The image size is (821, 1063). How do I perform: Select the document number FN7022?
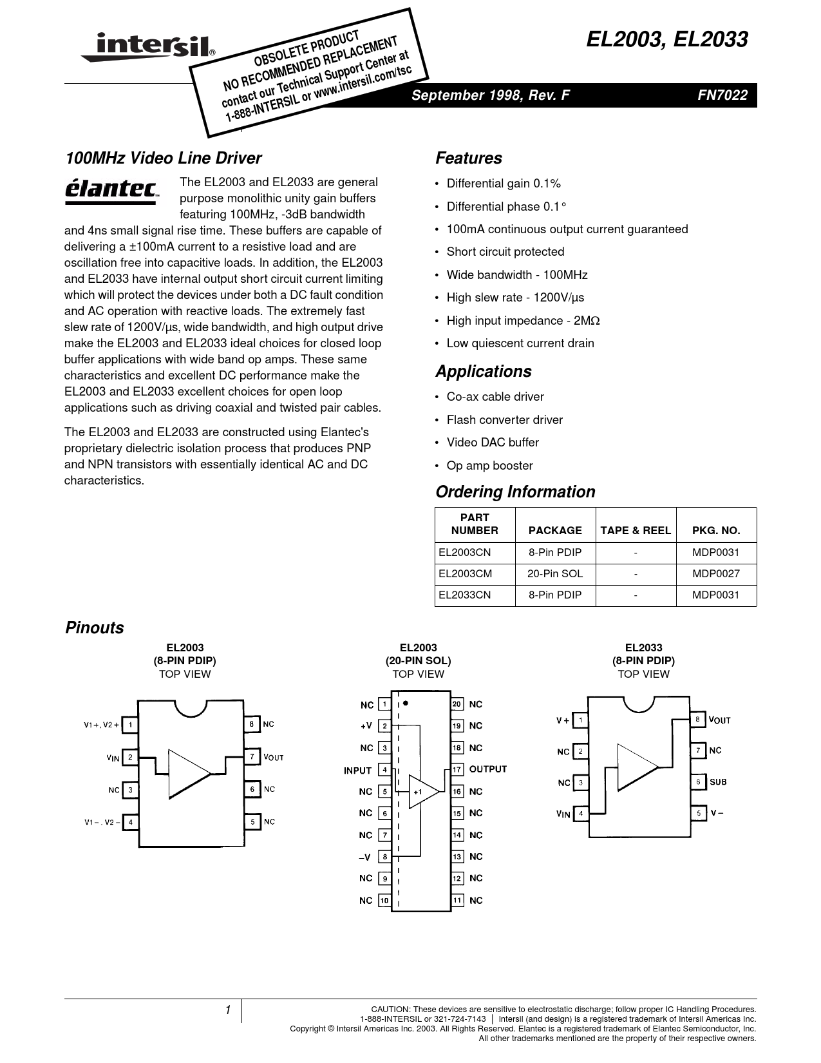tap(722, 95)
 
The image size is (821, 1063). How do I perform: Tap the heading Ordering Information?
tap(515, 492)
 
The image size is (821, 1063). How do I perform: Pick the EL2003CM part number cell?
tap(465, 574)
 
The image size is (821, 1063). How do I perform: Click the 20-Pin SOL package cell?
tap(555, 574)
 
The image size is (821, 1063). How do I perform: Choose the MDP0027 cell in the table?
tap(716, 574)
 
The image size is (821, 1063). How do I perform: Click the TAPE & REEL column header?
tap(636, 530)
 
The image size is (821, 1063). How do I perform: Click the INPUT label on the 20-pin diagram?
tap(357, 771)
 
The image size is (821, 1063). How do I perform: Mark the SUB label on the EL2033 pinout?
tap(718, 782)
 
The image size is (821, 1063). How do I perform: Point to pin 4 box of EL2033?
tap(580, 814)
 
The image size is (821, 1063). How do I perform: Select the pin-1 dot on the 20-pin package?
tap(406, 704)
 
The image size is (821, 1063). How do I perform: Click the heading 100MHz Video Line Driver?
tap(164, 158)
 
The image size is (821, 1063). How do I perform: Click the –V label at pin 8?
tap(364, 857)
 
